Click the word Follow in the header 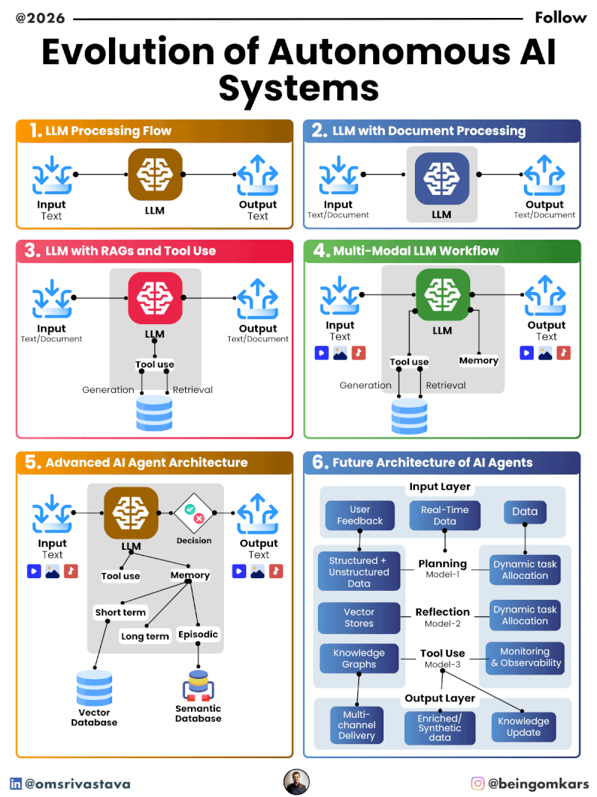click(560, 17)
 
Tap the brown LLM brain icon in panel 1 click(155, 175)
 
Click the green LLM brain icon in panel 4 click(443, 296)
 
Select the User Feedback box click(360, 515)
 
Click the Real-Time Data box click(445, 515)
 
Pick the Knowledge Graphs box click(359, 658)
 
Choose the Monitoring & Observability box click(525, 657)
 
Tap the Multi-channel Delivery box click(357, 725)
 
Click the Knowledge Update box click(524, 726)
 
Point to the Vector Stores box click(359, 618)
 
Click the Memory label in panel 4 click(478, 361)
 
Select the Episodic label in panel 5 click(198, 634)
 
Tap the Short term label click(120, 613)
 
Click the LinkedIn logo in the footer click(16, 784)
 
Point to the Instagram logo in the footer click(478, 784)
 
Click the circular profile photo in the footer click(297, 782)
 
